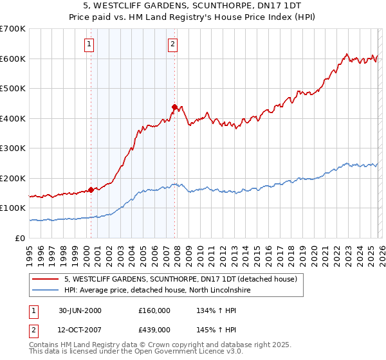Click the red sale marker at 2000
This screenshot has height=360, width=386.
[x=91, y=190]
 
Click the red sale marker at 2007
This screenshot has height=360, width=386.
[x=174, y=107]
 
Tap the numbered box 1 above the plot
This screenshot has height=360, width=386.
[x=89, y=44]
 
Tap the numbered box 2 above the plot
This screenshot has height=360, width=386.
[x=172, y=44]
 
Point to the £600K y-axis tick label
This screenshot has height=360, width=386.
[x=13, y=59]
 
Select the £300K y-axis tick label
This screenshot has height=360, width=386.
[x=13, y=148]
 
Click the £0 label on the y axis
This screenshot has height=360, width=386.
[x=21, y=238]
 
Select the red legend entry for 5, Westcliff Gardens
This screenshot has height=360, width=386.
[x=180, y=280]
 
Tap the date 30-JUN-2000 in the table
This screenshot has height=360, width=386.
[x=80, y=310]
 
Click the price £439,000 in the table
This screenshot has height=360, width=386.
[x=154, y=329]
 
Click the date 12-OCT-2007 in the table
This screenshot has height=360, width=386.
[x=80, y=329]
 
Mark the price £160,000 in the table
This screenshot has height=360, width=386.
[x=154, y=310]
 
